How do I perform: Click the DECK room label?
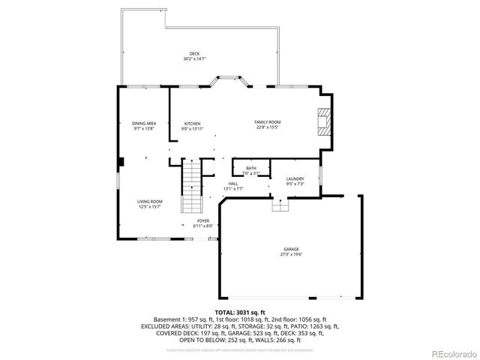point(194,54)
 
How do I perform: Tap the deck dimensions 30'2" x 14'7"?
point(194,58)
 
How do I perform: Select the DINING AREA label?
point(144,123)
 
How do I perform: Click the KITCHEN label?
point(193,123)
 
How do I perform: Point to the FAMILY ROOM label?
point(267,122)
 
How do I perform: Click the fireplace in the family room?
point(322,122)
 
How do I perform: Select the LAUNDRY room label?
point(295,178)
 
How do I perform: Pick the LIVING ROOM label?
point(149,201)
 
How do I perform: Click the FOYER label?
point(203,220)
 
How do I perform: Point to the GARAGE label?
point(291,249)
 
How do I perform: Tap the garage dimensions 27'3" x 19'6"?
point(291,253)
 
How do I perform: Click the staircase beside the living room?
point(193,187)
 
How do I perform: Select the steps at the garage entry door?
point(279,205)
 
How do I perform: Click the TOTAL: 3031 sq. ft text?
point(239,311)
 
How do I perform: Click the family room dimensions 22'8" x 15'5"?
point(267,127)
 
